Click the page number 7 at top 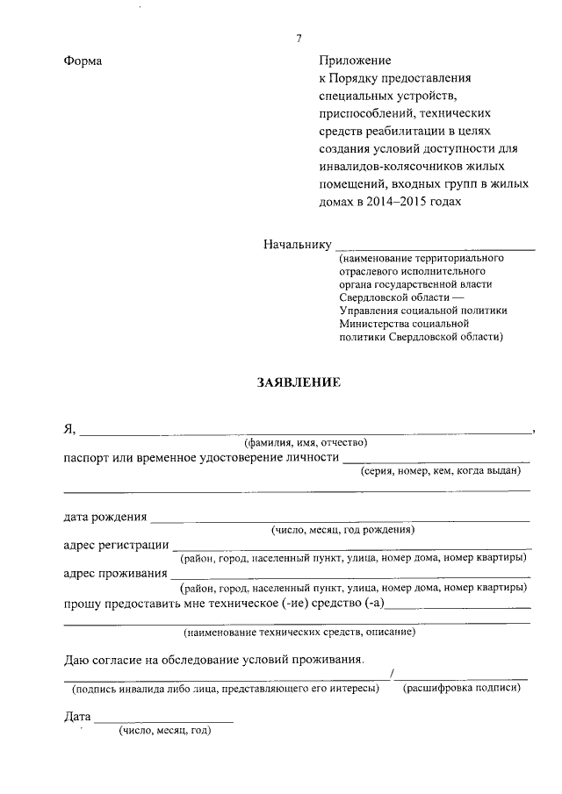299,38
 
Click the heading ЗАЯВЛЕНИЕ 297,383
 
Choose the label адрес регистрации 117,545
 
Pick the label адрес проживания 116,574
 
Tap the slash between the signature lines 393,674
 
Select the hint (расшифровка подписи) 461,689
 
